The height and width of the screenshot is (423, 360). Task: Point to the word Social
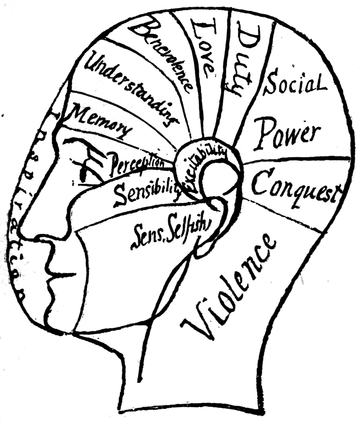294,84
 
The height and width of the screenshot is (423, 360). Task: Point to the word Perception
137,162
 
